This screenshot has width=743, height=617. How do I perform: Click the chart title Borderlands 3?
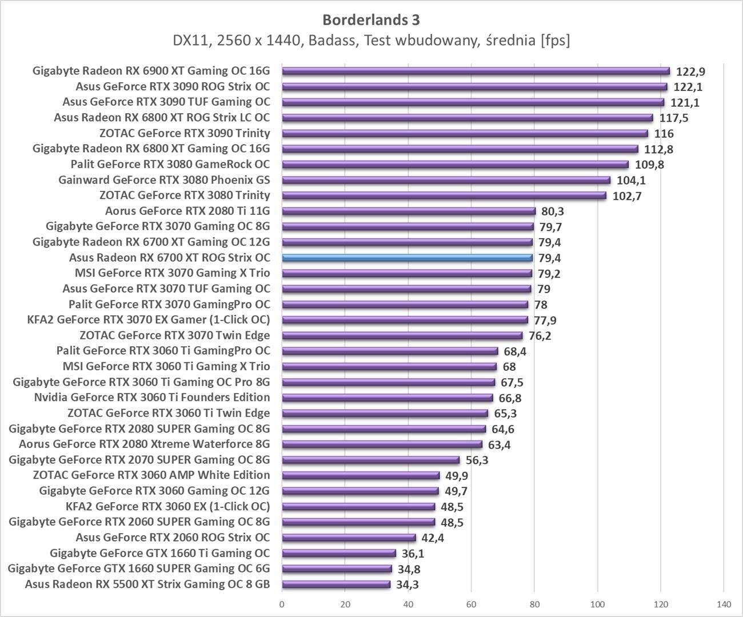pos(371,19)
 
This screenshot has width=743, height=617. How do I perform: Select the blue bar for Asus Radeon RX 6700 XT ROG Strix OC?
pos(407,258)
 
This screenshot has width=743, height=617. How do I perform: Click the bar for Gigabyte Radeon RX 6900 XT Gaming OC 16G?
pos(476,71)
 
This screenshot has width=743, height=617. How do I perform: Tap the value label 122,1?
pos(689,87)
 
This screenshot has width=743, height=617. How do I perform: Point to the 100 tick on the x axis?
pos(597,604)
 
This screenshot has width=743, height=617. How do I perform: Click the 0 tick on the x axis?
pos(282,604)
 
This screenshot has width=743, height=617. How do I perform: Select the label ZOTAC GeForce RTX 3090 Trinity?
pos(185,133)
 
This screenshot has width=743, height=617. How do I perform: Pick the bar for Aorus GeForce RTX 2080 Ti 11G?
pos(409,211)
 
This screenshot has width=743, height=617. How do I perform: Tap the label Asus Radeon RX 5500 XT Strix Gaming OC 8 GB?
pos(147,584)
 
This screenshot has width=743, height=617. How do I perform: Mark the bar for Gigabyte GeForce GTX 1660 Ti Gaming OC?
pos(339,553)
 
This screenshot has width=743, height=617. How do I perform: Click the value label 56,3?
pos(477,460)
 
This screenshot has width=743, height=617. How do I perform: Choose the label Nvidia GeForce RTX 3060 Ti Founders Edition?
pos(152,397)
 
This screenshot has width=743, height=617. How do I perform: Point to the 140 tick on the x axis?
pos(724,604)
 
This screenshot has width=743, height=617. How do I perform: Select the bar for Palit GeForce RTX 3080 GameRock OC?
pos(455,165)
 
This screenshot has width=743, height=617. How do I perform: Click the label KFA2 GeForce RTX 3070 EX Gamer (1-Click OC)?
pos(149,319)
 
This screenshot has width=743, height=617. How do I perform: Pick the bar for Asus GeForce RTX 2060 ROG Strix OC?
pos(349,538)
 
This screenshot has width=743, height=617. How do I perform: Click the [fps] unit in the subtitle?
pos(555,41)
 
